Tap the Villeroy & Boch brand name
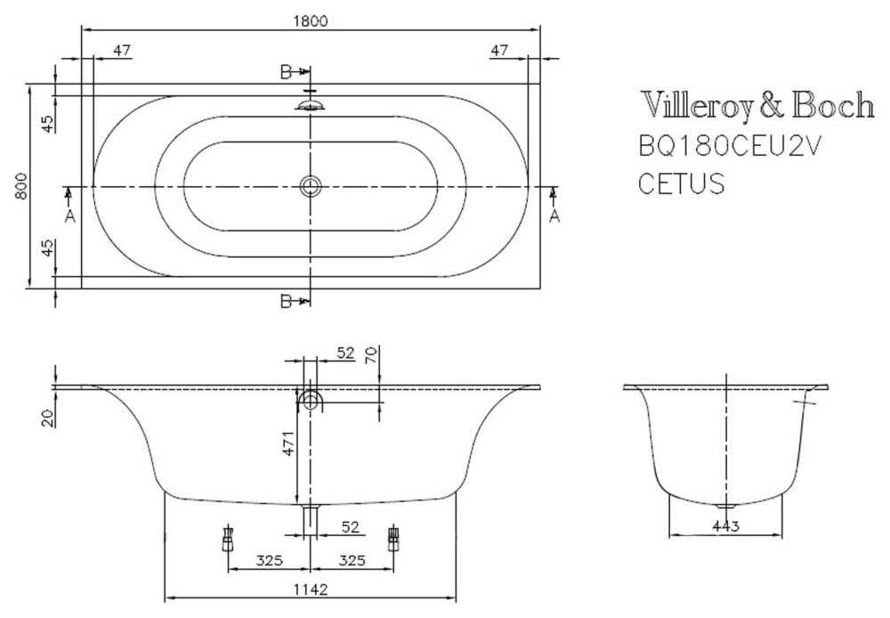(756, 107)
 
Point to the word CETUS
(681, 184)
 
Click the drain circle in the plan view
(310, 186)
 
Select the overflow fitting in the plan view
(310, 105)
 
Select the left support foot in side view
(228, 538)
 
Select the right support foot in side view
(392, 538)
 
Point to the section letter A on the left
(69, 216)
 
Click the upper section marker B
(287, 72)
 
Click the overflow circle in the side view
(311, 402)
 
